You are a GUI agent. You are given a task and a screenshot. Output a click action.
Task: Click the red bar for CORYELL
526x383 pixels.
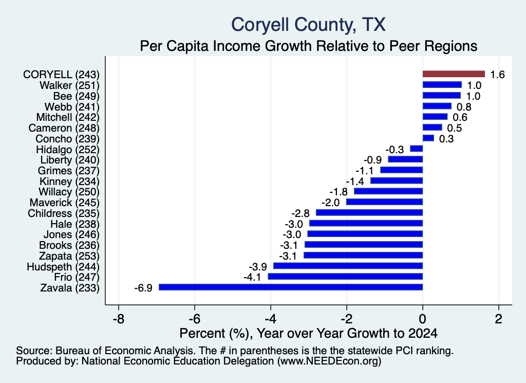point(454,74)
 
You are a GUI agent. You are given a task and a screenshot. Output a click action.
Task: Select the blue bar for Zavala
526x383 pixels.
point(291,287)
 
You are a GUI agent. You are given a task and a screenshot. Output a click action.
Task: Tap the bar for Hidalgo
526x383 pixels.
point(417,149)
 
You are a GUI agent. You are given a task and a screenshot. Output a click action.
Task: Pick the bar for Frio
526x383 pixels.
point(345,277)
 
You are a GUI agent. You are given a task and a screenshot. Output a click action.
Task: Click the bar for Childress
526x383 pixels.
point(369,212)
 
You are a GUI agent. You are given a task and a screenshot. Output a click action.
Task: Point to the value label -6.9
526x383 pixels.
point(143,288)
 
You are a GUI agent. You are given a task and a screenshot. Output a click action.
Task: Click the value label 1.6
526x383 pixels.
point(497,75)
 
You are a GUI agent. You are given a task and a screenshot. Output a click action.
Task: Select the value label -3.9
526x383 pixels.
point(258,267)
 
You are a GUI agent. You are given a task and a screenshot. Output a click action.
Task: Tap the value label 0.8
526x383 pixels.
point(464,107)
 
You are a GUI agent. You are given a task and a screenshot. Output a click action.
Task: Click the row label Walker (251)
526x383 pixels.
point(69,85)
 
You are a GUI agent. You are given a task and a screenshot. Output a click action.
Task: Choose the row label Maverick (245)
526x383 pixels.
point(64,203)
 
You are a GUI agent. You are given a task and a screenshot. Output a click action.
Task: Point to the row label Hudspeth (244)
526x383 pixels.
point(63,267)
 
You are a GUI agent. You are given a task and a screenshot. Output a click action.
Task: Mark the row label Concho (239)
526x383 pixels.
point(67,139)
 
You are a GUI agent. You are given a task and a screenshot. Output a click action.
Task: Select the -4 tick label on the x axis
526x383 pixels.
point(270,319)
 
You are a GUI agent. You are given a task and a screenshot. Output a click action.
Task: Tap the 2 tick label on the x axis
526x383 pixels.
point(499,319)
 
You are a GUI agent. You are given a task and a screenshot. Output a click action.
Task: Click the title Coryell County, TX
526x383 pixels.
point(308,25)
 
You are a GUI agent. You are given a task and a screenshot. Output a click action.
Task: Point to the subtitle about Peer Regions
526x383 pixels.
point(308,46)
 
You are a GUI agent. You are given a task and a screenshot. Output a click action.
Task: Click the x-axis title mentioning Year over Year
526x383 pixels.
point(308,333)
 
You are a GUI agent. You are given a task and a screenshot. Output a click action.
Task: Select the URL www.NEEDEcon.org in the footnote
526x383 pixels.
point(329,361)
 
